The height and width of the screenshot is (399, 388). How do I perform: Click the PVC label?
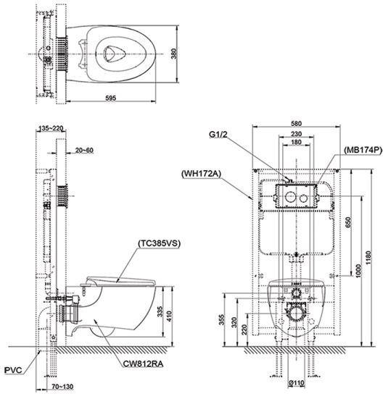[x=14, y=369]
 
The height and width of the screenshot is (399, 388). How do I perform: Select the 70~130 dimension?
[x=62, y=389]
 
